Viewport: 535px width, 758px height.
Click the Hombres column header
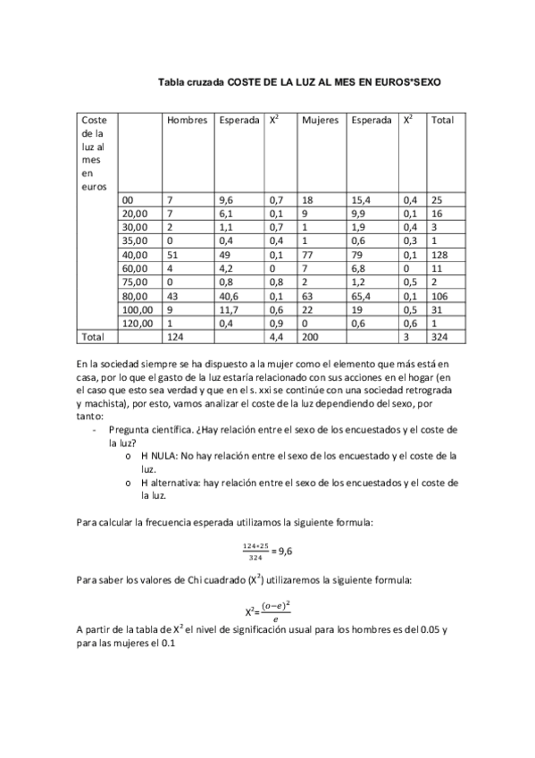(187, 120)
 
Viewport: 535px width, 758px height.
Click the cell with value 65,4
(362, 294)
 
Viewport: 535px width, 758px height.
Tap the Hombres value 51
(173, 253)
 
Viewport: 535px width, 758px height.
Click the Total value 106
(439, 294)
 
